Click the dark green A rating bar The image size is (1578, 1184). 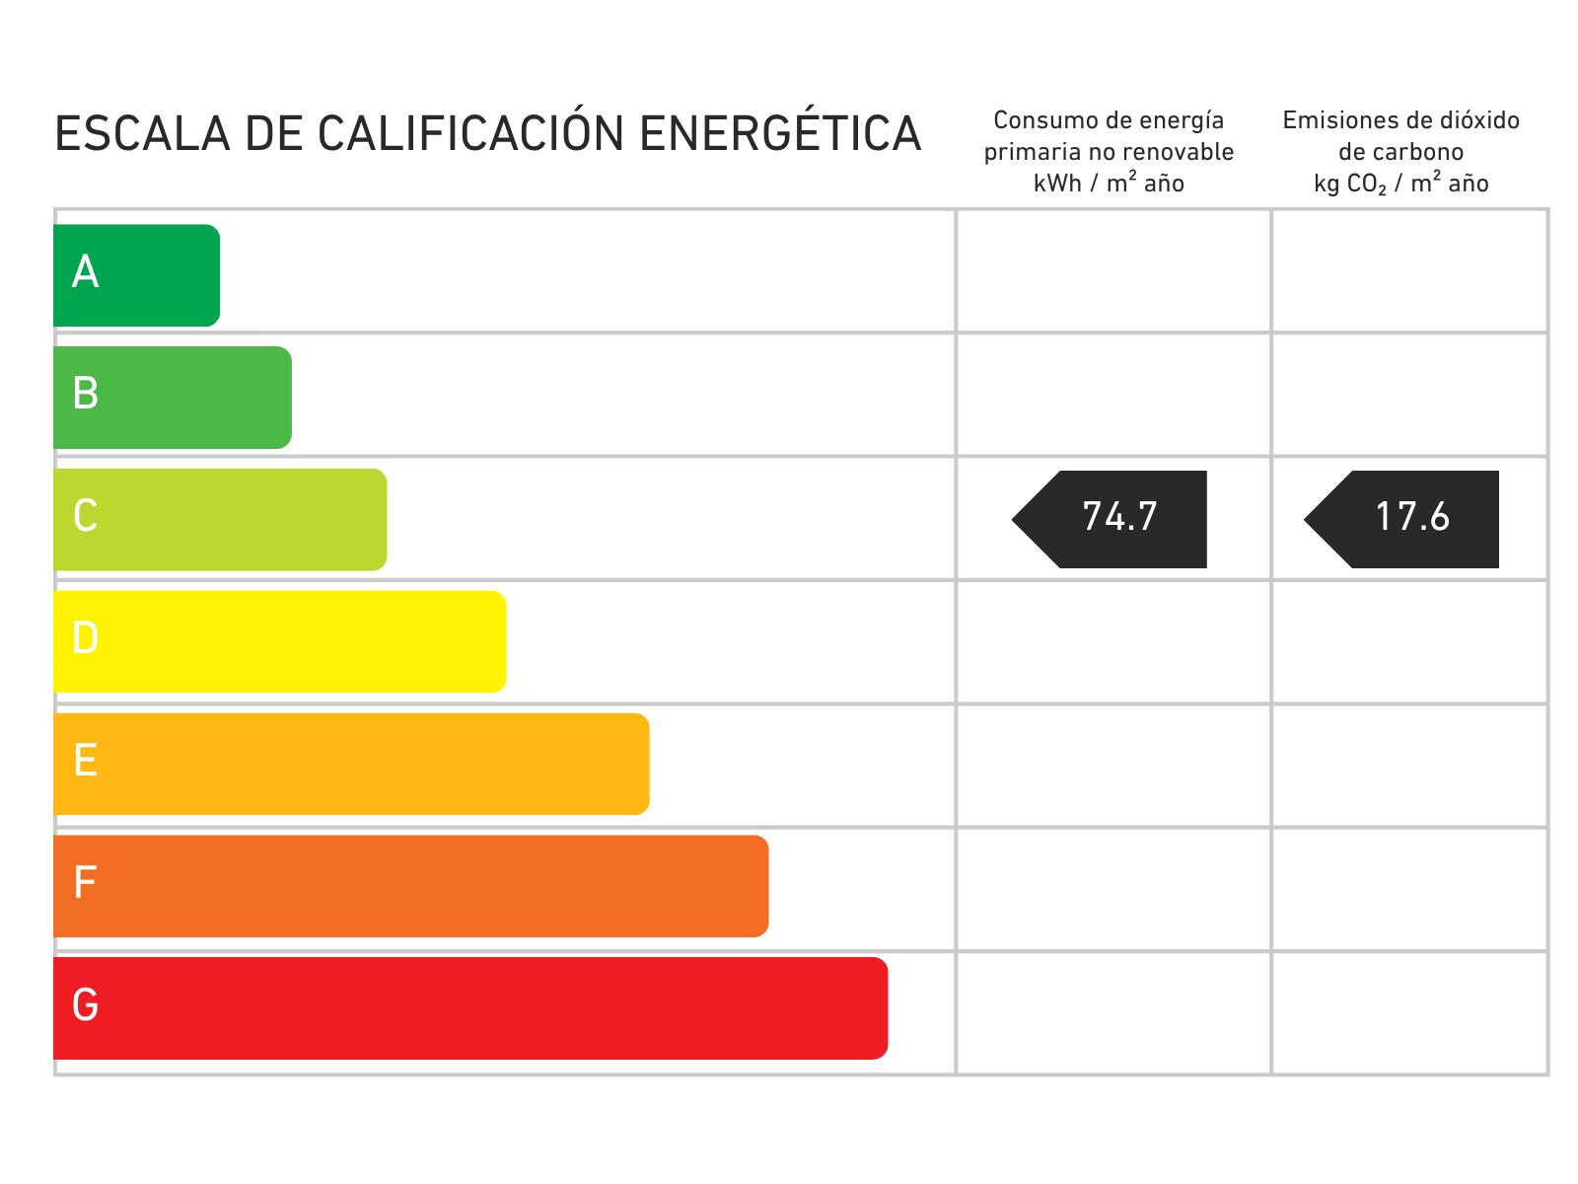point(136,275)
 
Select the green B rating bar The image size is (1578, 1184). point(173,398)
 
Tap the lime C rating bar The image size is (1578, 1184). point(220,520)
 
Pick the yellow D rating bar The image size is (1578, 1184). point(280,642)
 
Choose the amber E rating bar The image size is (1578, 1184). point(351,764)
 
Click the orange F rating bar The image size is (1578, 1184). point(411,886)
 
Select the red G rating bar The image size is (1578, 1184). point(470,1008)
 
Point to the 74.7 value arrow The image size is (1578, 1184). point(1110,520)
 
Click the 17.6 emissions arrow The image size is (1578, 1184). point(1401,520)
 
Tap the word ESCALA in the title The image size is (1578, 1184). point(142,134)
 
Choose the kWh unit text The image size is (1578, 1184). point(1057,184)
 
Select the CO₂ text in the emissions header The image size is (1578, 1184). point(1367,185)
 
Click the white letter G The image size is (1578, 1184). point(85,1005)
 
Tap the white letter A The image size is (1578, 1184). point(85,271)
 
